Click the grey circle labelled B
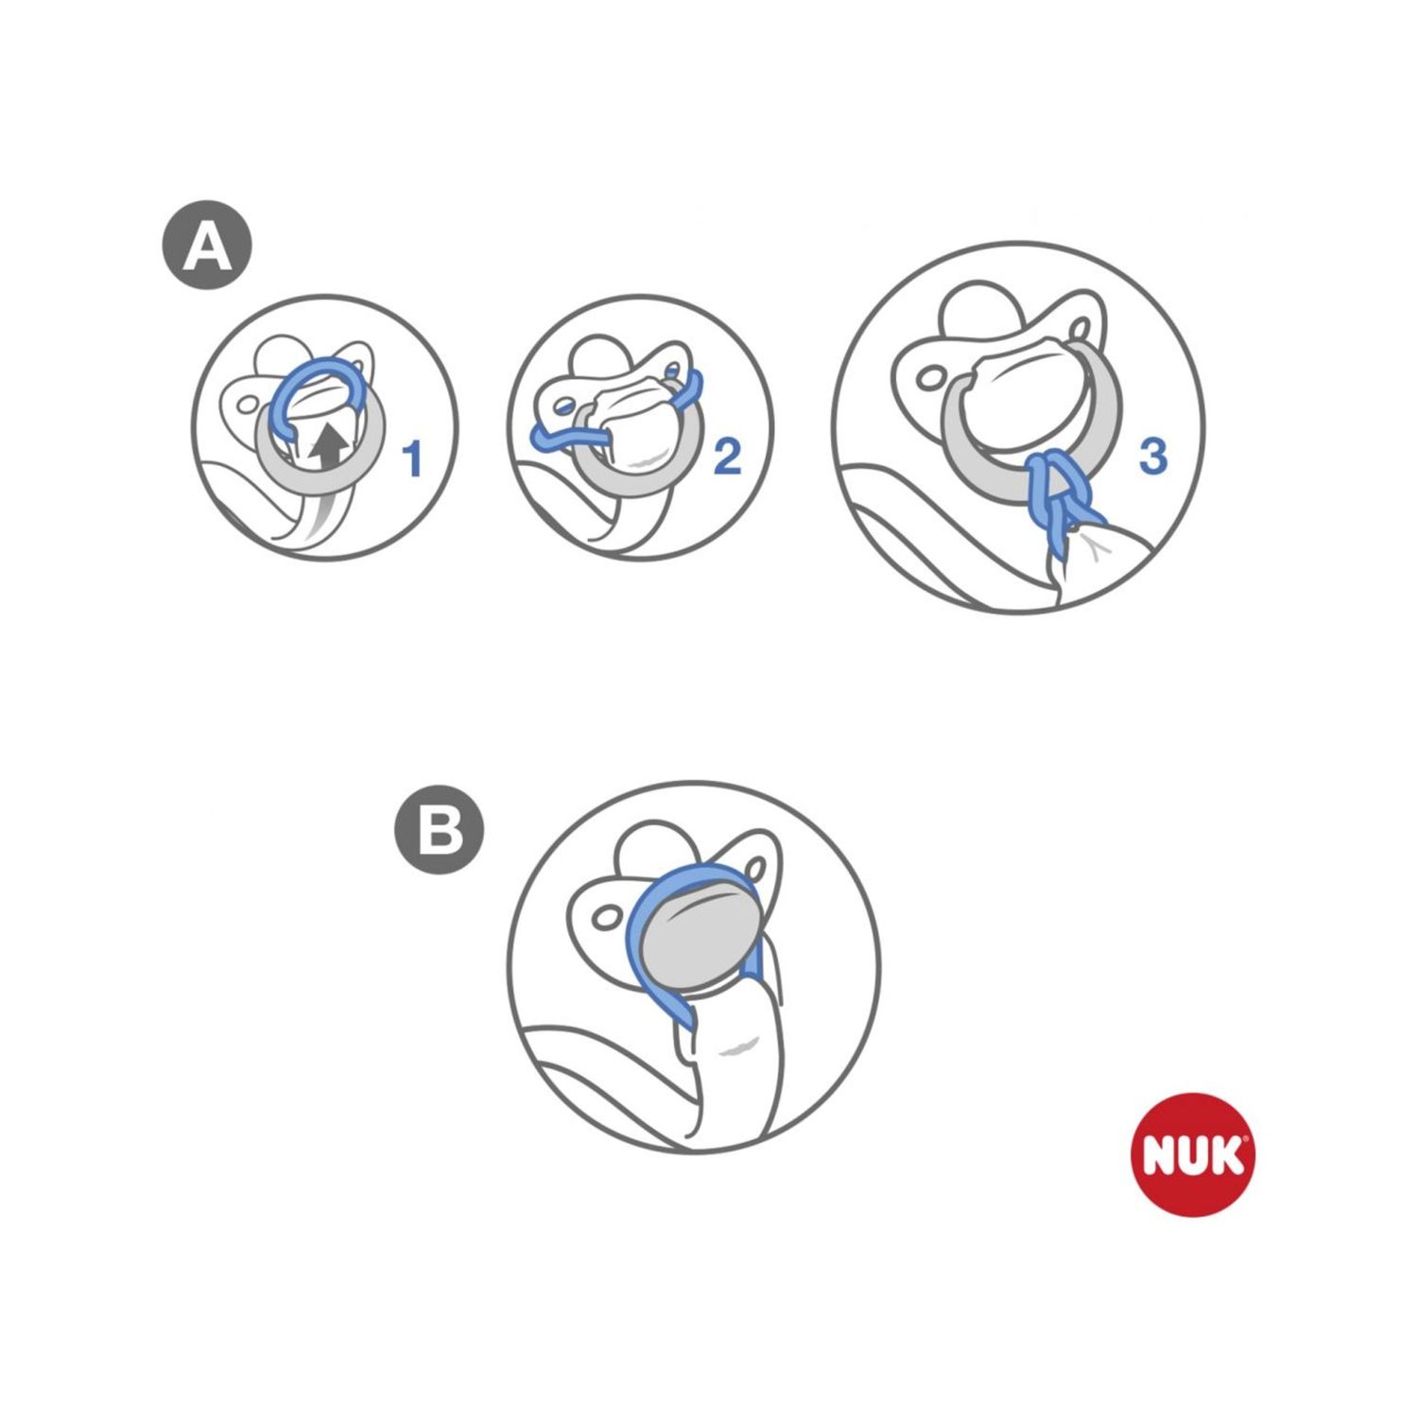pos(439,832)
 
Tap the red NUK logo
pos(1192,1155)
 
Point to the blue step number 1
pos(412,458)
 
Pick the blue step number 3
pos(1152,456)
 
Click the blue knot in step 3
pos(1058,492)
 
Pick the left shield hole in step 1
pos(248,405)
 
